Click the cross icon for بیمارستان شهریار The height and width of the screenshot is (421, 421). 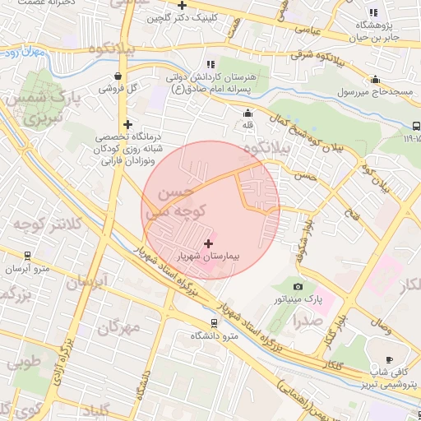[x=208, y=243]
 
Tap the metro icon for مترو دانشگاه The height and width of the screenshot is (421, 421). [x=215, y=323]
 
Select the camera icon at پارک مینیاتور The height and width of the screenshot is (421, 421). [x=298, y=287]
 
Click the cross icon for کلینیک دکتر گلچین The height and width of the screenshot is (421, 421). [x=192, y=5]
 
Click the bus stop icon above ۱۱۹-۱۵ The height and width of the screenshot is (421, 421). [x=414, y=126]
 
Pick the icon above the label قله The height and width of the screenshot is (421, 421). [x=248, y=113]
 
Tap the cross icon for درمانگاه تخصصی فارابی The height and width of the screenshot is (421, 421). [x=127, y=124]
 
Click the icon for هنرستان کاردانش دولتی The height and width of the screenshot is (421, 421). [x=210, y=63]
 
